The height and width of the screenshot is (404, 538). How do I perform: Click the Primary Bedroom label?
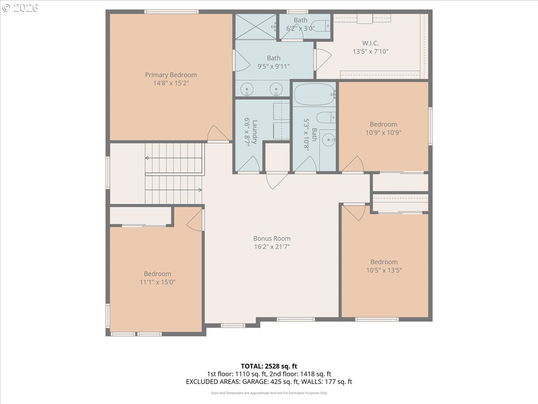(171, 75)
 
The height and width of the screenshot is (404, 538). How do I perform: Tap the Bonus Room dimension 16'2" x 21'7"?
(272, 246)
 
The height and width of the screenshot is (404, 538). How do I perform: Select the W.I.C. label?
(370, 43)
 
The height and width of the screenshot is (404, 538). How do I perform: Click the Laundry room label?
(255, 132)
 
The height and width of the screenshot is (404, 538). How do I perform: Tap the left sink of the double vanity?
(247, 89)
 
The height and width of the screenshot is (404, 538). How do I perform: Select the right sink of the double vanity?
(276, 89)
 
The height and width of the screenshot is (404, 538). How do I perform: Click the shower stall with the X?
(256, 26)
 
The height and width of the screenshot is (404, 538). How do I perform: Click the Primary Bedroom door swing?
(218, 133)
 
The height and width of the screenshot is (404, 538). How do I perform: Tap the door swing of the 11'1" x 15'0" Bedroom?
(195, 220)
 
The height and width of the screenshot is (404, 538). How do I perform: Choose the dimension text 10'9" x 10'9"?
(383, 133)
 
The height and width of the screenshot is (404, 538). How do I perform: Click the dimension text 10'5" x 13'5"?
(384, 270)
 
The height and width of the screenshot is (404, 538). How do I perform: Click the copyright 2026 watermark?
(20, 8)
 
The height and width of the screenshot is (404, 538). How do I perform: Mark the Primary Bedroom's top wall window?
(171, 12)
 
